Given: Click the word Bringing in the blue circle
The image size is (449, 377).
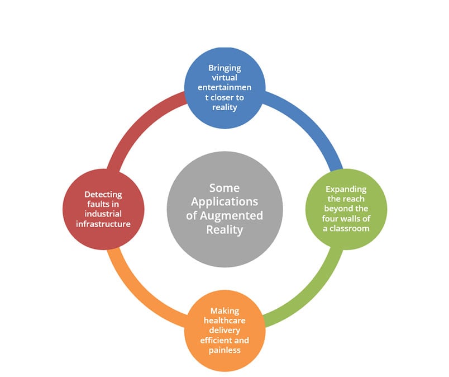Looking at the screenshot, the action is coord(225,68).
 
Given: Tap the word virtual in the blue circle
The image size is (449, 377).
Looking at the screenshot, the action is coord(225,77).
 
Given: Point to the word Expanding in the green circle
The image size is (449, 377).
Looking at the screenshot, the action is coord(346,190).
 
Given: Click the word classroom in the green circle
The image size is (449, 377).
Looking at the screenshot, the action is coord(350,228).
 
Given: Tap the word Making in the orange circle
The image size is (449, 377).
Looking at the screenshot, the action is coord(225,312).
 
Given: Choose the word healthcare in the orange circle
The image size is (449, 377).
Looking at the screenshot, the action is coord(225,320).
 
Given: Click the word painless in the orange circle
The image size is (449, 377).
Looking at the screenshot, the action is coord(225,350).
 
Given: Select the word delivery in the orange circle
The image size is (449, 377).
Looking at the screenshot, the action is coord(225,330).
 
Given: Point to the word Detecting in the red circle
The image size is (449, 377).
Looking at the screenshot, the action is coord(103,195).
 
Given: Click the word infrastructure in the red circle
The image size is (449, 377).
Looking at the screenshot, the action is coord(103,224).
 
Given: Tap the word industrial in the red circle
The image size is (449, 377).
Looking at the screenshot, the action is coord(103,214).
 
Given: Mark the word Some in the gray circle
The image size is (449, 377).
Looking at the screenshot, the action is coord(225,188).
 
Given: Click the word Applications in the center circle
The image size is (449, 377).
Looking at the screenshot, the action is coord(225,202).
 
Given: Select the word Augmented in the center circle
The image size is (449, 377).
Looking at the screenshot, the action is coord(231,216).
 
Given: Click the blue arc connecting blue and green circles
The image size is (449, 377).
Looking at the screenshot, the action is coord(311,122).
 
